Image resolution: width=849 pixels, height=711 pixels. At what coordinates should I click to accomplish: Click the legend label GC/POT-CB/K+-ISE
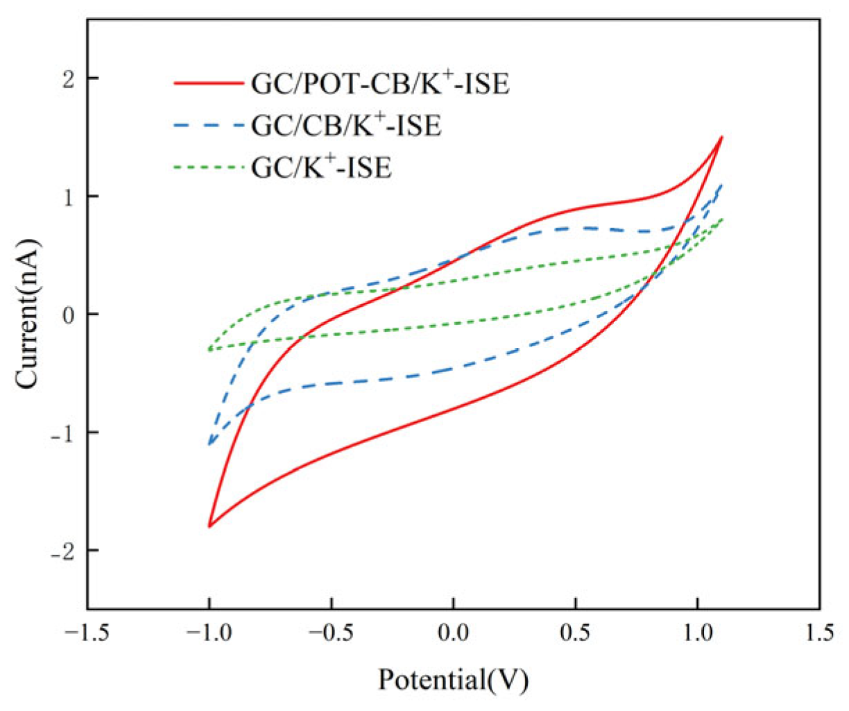[380, 84]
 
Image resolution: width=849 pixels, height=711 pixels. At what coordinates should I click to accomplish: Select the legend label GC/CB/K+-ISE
[346, 126]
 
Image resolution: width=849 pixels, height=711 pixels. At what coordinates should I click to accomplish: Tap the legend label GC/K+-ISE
[321, 167]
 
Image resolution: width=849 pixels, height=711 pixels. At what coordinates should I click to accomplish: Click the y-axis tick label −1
[62, 433]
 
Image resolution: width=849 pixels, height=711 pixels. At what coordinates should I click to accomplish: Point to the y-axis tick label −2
[62, 551]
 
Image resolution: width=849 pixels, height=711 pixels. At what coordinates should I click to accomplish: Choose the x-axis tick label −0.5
[331, 634]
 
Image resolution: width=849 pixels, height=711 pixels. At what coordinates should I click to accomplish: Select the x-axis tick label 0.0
[453, 634]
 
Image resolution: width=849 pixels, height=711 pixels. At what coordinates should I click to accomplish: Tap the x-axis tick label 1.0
[697, 634]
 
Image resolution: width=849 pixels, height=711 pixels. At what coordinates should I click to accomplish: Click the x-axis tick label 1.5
[819, 634]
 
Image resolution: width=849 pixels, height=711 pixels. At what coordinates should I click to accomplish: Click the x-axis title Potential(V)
[453, 679]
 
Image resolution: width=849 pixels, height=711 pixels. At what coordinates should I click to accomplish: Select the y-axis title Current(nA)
[28, 314]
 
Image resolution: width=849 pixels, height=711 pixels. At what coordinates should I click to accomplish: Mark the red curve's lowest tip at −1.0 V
[209, 526]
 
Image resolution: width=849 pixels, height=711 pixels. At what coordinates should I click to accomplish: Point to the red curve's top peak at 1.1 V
[722, 137]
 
